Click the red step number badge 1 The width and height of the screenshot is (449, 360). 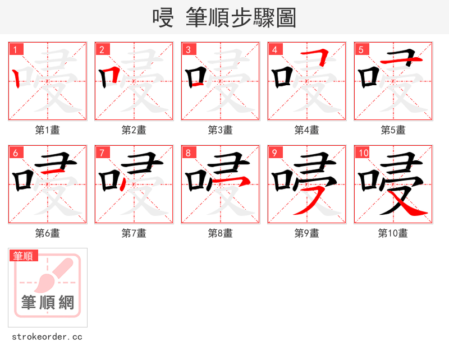pyautogui.click(x=16, y=49)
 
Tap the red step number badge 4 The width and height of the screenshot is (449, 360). pyautogui.click(x=275, y=49)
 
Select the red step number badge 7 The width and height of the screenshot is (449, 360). pyautogui.click(x=102, y=153)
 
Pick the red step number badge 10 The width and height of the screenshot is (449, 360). pyautogui.click(x=363, y=153)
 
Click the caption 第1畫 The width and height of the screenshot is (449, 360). pyautogui.click(x=48, y=130)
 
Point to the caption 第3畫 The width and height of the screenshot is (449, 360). pyautogui.click(x=221, y=130)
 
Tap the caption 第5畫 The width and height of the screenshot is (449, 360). pyautogui.click(x=393, y=130)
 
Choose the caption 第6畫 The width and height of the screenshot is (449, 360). pyautogui.click(x=48, y=233)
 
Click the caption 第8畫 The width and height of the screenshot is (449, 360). pyautogui.click(x=221, y=233)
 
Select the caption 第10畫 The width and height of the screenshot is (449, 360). pyautogui.click(x=393, y=233)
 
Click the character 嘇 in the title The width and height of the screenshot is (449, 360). pyautogui.click(x=163, y=18)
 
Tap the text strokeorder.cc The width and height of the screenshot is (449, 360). pyautogui.click(x=47, y=337)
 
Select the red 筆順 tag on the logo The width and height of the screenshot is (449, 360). pyautogui.click(x=24, y=256)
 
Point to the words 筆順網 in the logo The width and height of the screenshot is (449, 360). pyautogui.click(x=48, y=303)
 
